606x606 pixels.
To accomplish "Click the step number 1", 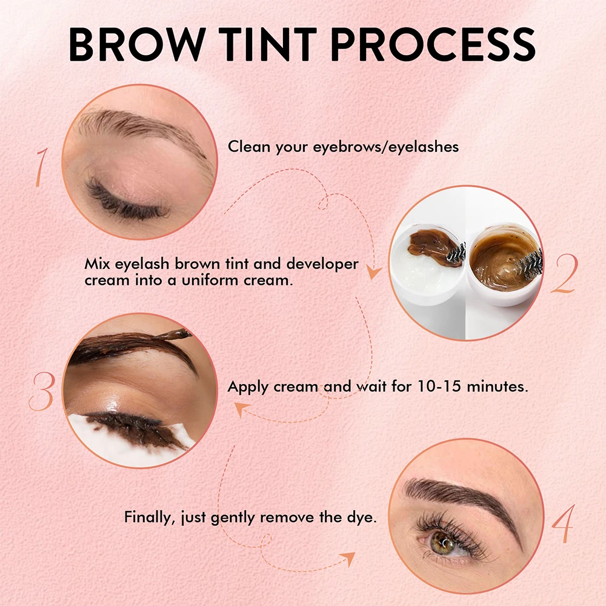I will coord(41,167).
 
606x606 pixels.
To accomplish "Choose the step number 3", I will coord(42,391).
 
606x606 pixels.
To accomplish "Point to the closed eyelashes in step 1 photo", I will coord(124,200).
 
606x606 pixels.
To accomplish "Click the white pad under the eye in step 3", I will coord(91,436).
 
